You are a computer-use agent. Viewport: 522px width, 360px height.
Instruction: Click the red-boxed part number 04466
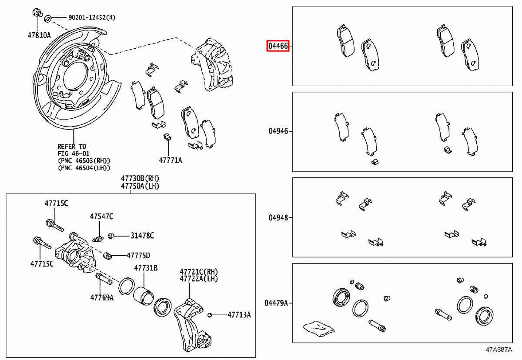[x=278, y=46]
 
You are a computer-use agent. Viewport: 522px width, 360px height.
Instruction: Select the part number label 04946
[x=278, y=131]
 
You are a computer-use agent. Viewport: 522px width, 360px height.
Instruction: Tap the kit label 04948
[x=278, y=217]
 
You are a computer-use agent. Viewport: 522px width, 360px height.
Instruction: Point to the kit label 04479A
[x=276, y=303]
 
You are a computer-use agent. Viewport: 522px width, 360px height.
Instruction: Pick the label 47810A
[x=38, y=35]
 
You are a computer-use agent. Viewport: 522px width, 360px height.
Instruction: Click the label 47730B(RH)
[x=141, y=179]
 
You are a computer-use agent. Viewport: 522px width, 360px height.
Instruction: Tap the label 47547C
[x=101, y=216]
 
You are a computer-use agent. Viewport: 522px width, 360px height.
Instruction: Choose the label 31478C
[x=142, y=236]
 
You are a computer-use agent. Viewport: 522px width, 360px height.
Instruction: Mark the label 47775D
[x=138, y=255]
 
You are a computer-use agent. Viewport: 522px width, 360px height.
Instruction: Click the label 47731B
[x=146, y=268]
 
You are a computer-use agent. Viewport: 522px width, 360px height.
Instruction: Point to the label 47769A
[x=102, y=298]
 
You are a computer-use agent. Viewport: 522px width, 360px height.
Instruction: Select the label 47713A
[x=239, y=314]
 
